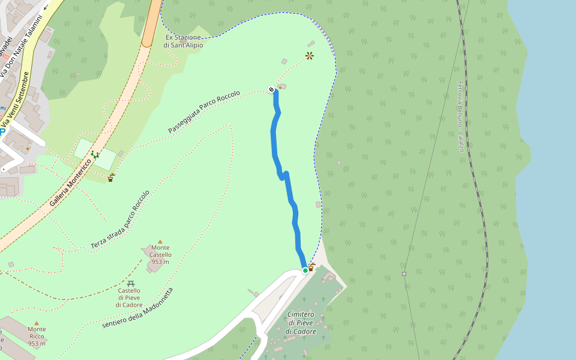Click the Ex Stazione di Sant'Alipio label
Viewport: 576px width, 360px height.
183,41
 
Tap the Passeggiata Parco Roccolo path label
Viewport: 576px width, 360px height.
204,112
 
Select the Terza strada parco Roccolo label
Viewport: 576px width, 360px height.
120,220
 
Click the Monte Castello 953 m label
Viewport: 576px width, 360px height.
160,254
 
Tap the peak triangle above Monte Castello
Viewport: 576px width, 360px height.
160,242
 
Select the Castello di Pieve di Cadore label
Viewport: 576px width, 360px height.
129,298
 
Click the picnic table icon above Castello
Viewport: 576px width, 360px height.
131,283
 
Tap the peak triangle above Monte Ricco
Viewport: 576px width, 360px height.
37,323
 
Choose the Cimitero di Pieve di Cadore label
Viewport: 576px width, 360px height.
301,323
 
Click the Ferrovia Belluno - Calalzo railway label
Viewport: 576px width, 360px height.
460,116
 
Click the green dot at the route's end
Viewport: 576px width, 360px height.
305,271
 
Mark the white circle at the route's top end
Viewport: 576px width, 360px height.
271,90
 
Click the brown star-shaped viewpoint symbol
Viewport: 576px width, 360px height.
309,56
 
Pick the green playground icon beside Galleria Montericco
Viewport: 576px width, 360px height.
95,154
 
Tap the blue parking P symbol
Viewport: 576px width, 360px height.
2,131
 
